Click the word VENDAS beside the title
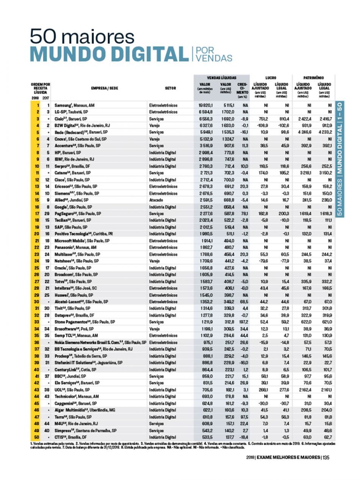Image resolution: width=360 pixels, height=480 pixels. (212, 58)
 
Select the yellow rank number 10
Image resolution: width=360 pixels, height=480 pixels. (37, 166)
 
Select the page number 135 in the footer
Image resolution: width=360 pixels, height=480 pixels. (326, 457)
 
